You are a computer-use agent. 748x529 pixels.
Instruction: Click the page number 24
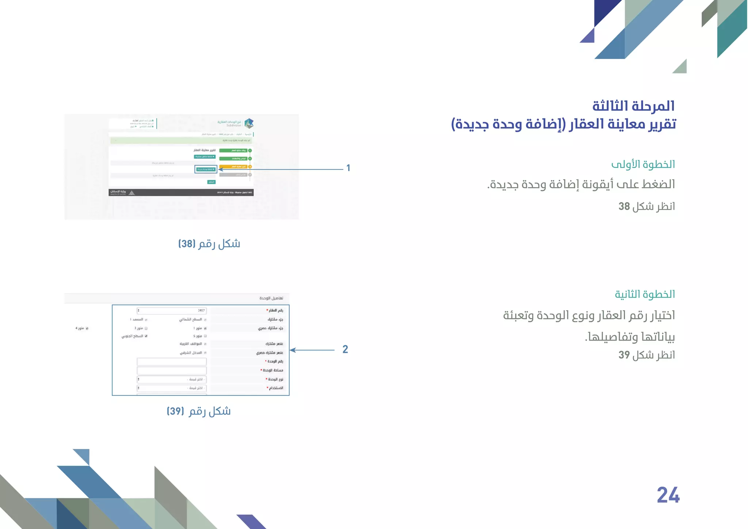click(668, 495)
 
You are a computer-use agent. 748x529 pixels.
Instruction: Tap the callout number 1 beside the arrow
click(348, 168)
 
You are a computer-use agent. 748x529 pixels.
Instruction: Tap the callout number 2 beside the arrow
click(345, 349)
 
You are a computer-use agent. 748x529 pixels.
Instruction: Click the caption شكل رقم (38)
click(209, 244)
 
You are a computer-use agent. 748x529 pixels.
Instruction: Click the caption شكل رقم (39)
click(199, 411)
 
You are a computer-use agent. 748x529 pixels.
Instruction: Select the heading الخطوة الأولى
click(643, 164)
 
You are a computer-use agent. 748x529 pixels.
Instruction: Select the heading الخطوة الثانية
click(645, 294)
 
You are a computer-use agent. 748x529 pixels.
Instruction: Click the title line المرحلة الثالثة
click(633, 106)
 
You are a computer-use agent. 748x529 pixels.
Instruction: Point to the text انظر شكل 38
click(646, 206)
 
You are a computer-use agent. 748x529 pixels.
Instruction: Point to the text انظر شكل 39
click(646, 355)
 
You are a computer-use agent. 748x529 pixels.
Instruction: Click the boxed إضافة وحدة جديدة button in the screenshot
click(206, 169)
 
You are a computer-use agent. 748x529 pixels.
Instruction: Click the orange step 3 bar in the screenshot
click(234, 167)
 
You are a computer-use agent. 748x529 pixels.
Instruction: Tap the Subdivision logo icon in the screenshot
click(249, 123)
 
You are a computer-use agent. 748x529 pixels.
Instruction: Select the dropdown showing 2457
click(172, 311)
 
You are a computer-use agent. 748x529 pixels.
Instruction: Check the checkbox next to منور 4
click(87, 328)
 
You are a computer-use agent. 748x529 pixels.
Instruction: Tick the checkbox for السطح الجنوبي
click(146, 336)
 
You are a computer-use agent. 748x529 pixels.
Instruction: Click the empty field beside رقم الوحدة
click(172, 362)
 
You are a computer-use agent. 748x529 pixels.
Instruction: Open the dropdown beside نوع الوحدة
click(172, 379)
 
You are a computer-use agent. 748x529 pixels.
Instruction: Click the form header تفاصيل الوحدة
click(271, 298)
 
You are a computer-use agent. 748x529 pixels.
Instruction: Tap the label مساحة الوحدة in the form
click(272, 370)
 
